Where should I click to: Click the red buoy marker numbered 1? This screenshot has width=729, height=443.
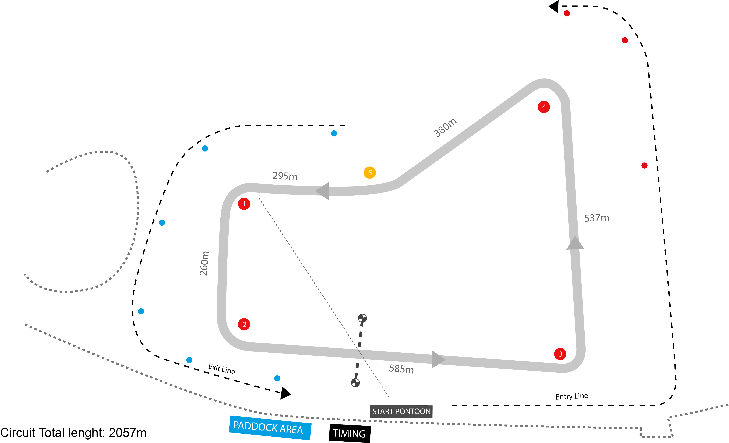(244, 204)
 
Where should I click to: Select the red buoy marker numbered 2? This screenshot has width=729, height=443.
(244, 324)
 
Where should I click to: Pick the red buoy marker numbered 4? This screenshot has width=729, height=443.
(544, 107)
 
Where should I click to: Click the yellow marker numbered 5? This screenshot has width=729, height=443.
(370, 173)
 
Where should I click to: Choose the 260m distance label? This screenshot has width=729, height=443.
(204, 263)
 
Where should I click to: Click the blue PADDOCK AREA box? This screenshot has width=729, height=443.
(270, 428)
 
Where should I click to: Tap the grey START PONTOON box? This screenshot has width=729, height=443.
(401, 411)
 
